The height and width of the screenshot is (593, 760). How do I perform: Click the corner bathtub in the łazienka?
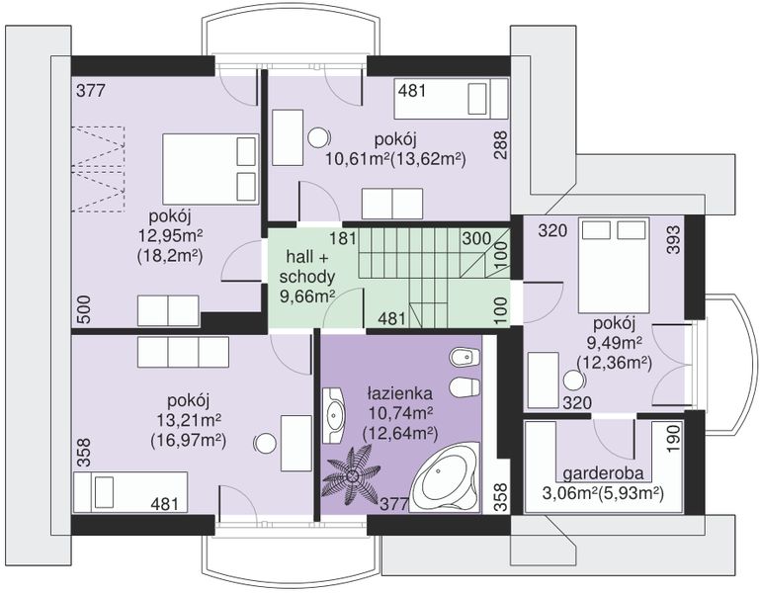[x=445, y=477]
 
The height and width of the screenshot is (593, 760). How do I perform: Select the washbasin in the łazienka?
[x=333, y=415]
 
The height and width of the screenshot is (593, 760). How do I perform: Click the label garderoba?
[x=603, y=472]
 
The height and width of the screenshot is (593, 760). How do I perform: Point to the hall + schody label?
[x=307, y=266]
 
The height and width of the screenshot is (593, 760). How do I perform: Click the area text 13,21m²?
[x=189, y=420]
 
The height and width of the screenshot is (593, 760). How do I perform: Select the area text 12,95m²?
[x=171, y=235]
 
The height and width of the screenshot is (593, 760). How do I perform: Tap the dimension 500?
[x=84, y=309]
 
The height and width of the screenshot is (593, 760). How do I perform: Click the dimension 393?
[x=674, y=239]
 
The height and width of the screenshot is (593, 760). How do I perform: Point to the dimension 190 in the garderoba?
[x=674, y=439]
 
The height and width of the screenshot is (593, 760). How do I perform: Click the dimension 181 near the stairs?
[x=343, y=238]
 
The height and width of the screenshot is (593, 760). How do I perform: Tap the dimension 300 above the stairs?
[x=476, y=238]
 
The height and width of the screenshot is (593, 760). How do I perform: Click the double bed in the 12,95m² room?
[x=210, y=169]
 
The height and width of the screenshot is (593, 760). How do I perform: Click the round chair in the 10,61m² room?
[x=319, y=137]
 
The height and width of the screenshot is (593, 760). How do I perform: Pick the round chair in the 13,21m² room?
[x=266, y=443]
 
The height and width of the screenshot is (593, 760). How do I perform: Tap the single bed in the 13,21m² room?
[x=130, y=491]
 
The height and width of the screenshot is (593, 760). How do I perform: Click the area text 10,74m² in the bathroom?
[x=400, y=413]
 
